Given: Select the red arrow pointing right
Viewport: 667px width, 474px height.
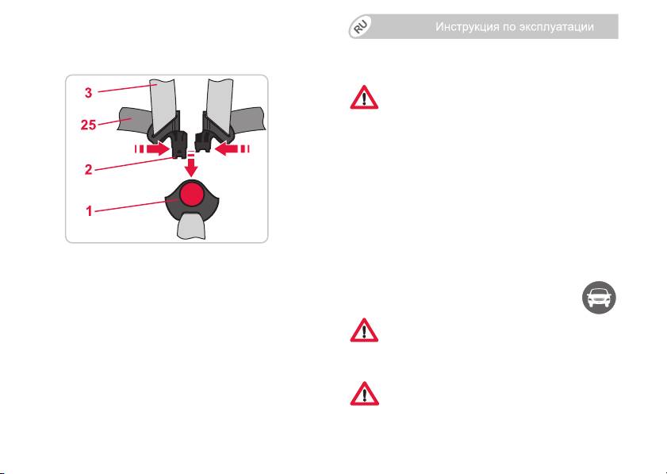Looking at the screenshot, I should (x=159, y=148).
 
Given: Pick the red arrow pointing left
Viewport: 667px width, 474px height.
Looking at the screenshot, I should (x=225, y=148).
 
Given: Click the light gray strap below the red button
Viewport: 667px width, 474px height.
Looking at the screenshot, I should (x=191, y=225).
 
